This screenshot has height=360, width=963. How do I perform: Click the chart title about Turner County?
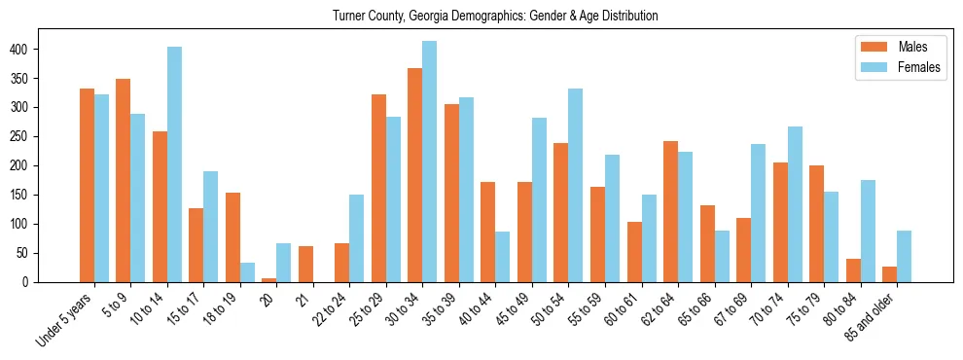tap(495, 16)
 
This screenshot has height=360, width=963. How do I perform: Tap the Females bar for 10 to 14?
tap(174, 164)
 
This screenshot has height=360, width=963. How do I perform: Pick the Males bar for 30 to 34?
tap(415, 175)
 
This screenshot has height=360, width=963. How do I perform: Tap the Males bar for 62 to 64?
tap(671, 211)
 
